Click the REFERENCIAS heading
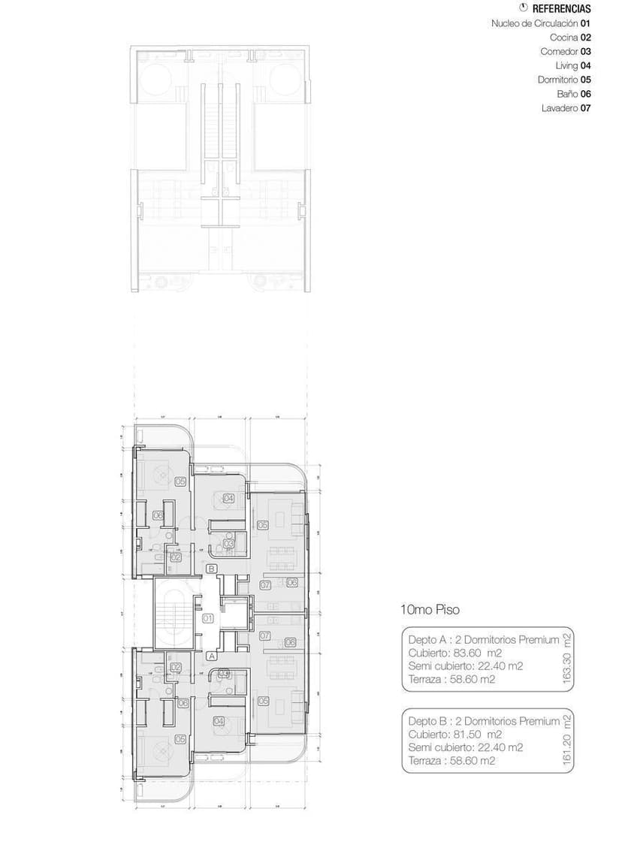pyautogui.click(x=561, y=10)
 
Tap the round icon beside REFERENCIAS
pyautogui.click(x=524, y=8)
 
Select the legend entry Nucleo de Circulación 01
pyautogui.click(x=541, y=23)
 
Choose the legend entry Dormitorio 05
pyautogui.click(x=564, y=80)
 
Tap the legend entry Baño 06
pyautogui.click(x=574, y=94)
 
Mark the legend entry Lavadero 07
pyautogui.click(x=566, y=108)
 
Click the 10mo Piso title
pyautogui.click(x=431, y=611)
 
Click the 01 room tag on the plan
pyautogui.click(x=208, y=619)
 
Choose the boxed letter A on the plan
pyautogui.click(x=212, y=656)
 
